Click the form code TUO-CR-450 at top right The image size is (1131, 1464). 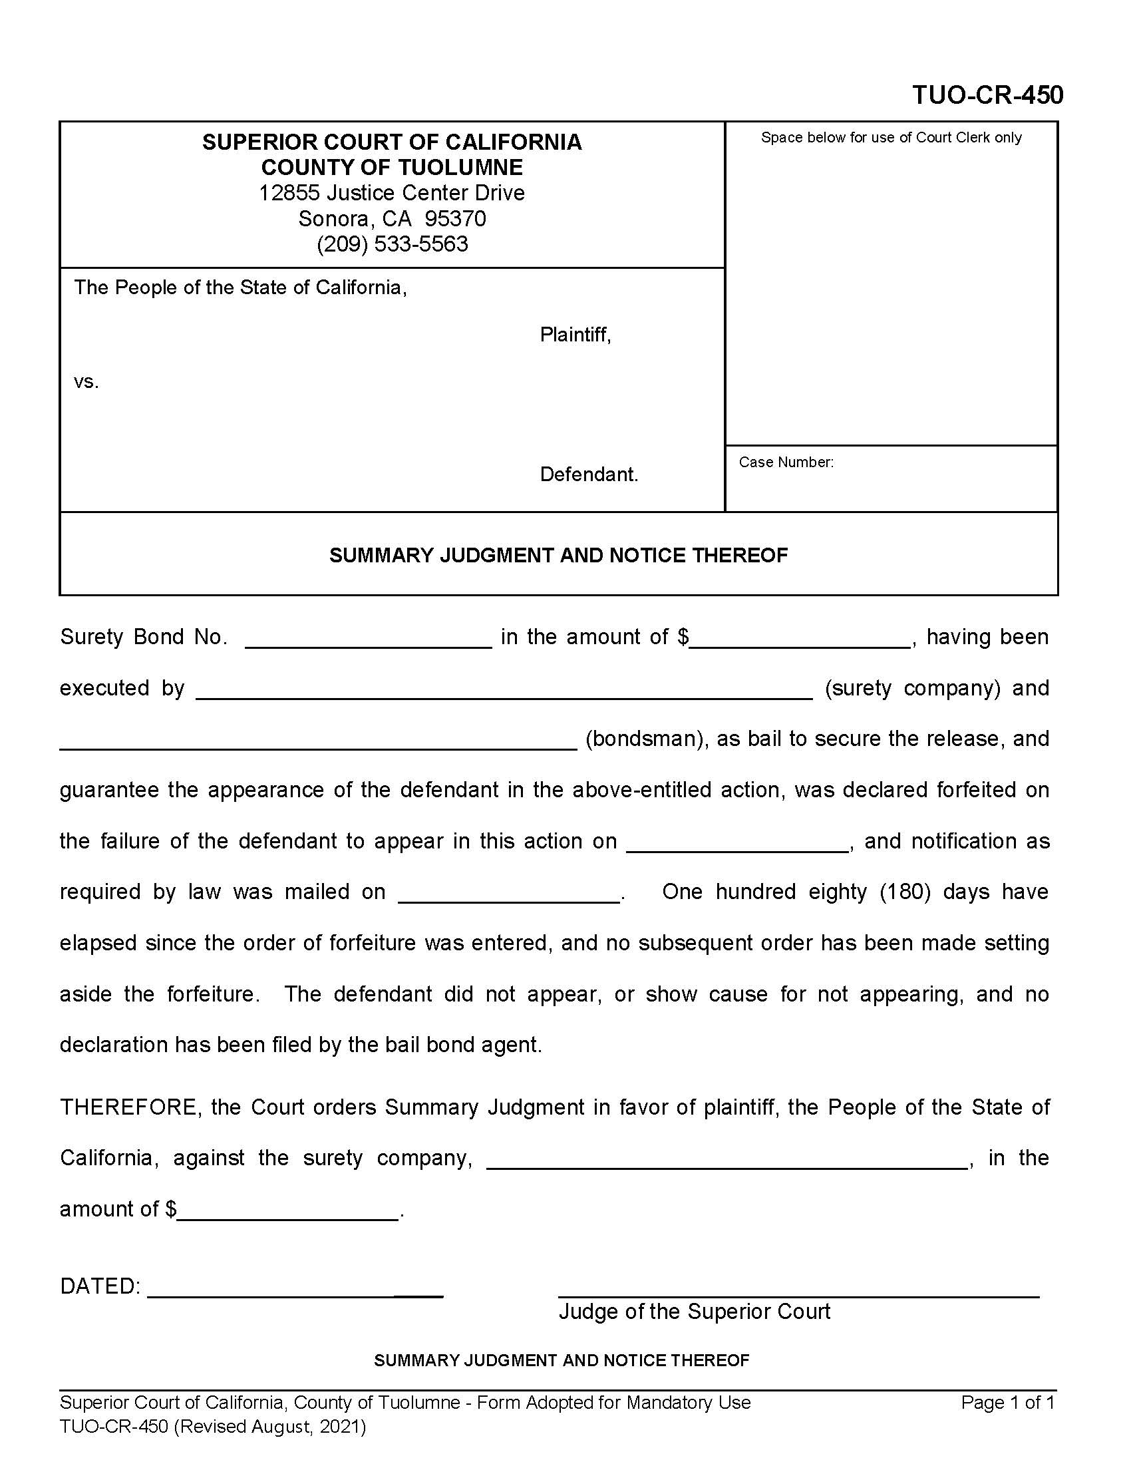click(x=987, y=95)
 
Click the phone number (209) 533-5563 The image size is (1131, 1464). click(x=392, y=244)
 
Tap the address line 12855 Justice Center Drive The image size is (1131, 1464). click(x=392, y=193)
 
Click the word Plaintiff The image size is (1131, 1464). click(x=574, y=335)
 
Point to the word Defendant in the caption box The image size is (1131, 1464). click(x=588, y=474)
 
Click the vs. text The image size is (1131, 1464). click(x=86, y=382)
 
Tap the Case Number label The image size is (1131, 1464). click(x=785, y=462)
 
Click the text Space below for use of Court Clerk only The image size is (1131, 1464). click(x=890, y=138)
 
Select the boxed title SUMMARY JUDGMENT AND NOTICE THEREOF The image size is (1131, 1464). click(x=558, y=555)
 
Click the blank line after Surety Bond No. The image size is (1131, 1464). click(x=369, y=640)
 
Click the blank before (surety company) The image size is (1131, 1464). click(x=504, y=691)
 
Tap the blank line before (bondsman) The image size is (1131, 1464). click(x=318, y=742)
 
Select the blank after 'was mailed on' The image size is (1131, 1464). click(x=509, y=896)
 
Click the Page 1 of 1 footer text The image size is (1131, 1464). click(x=1007, y=1402)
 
